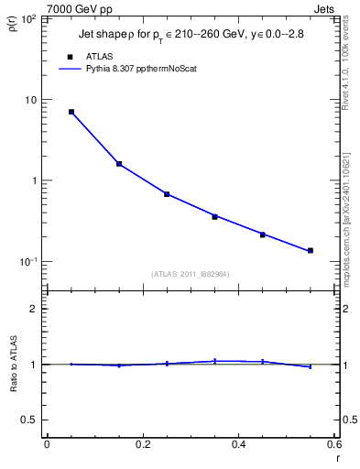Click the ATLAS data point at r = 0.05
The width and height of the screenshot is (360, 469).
[71, 112]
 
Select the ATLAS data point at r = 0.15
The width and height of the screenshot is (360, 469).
[119, 164]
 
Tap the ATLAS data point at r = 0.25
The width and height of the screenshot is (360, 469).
[167, 194]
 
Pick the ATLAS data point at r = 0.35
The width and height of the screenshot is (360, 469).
[215, 217]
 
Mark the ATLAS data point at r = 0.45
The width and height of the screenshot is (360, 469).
[263, 235]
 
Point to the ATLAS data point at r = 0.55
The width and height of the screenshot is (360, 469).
[311, 250]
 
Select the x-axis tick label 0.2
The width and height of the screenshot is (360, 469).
[142, 444]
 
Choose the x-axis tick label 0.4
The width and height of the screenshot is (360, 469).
[238, 444]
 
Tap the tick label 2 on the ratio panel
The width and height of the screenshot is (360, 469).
[34, 309]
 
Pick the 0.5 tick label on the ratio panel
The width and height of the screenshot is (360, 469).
[29, 420]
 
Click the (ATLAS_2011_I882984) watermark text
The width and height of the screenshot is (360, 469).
[191, 274]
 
